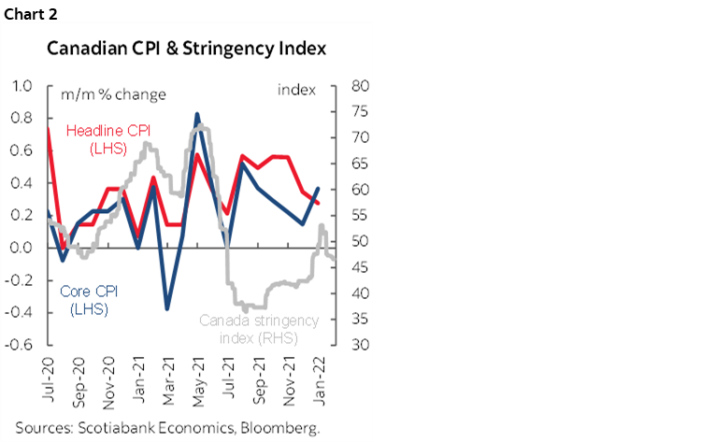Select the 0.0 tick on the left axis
[x=22, y=248]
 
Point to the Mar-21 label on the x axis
[x=166, y=370]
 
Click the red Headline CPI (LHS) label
[x=105, y=141]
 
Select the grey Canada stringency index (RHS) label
[x=259, y=328]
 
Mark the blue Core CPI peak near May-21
[x=197, y=115]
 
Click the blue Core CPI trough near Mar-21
[x=167, y=307]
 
